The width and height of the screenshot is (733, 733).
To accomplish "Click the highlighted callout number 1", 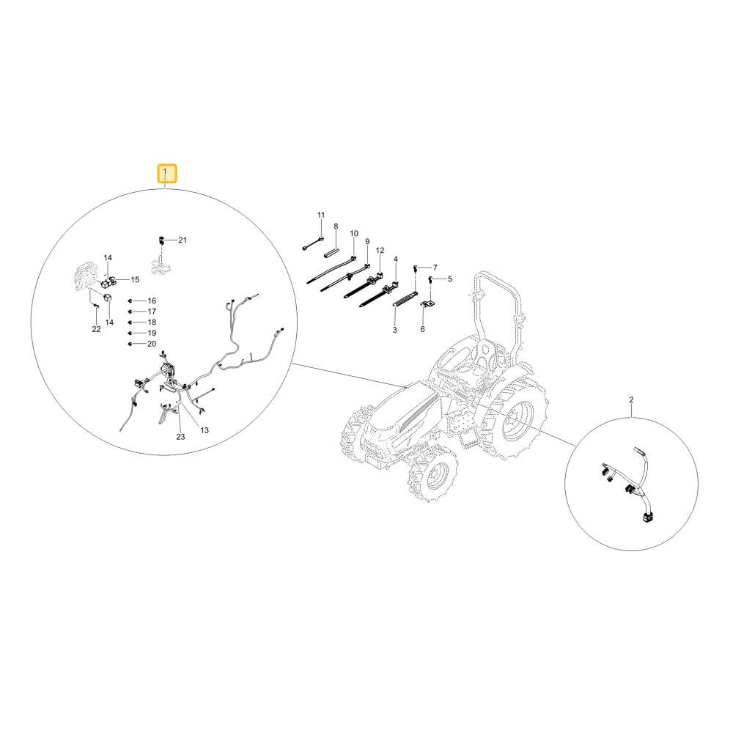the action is pos(167,173).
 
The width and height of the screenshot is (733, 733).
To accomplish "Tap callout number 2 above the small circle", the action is pos(631,399).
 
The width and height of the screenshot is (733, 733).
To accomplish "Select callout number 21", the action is pos(183,240).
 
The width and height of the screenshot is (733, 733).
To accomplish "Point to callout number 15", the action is pos(135,279).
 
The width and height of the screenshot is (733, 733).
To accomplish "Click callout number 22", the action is pos(96,329).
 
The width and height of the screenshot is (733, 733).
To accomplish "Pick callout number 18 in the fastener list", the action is pos(152,322).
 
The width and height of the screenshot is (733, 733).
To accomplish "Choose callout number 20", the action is pos(152,344).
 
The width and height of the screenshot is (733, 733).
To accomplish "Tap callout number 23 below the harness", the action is pos(180,437).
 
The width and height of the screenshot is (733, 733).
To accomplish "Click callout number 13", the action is pos(205,430).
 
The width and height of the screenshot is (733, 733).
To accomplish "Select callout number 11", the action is pos(321,215).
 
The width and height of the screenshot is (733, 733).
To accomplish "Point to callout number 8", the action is pos(336,226).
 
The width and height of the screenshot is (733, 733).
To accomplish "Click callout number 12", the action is pos(380,250).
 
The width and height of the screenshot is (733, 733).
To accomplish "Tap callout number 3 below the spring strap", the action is pos(394,330).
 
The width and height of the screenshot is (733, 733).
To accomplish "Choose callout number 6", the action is pos(423,329).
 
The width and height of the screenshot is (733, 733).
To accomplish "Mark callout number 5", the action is pos(450,279).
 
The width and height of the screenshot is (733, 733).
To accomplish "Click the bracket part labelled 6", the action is pos(427,304).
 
